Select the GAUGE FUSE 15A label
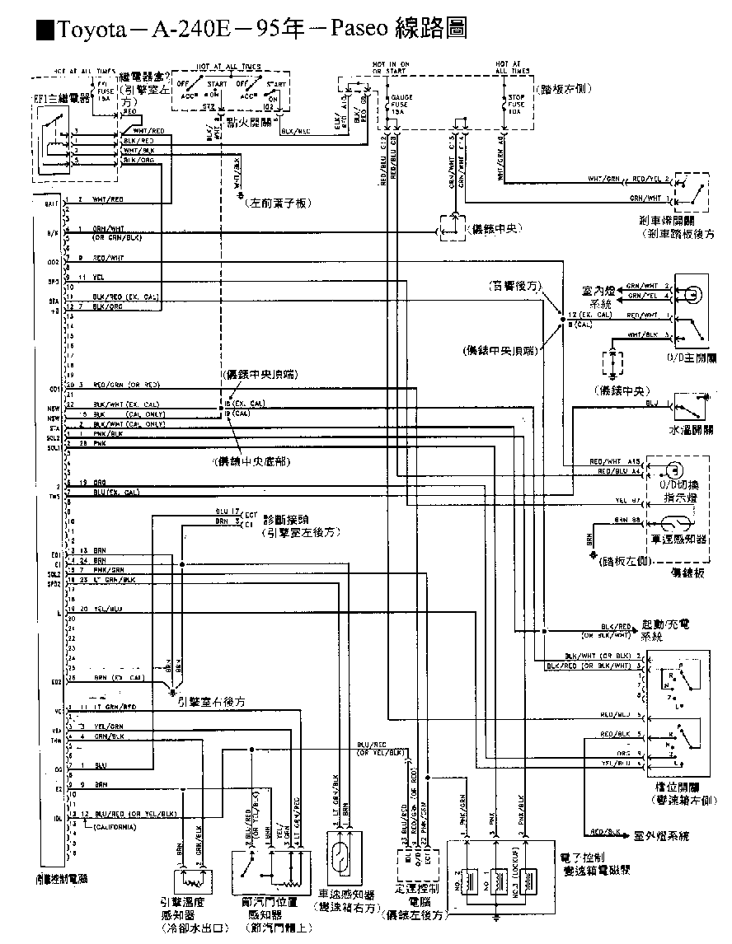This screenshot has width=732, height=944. click(402, 105)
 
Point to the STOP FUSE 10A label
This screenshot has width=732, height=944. click(517, 105)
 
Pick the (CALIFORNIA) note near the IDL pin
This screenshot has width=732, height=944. click(115, 825)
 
